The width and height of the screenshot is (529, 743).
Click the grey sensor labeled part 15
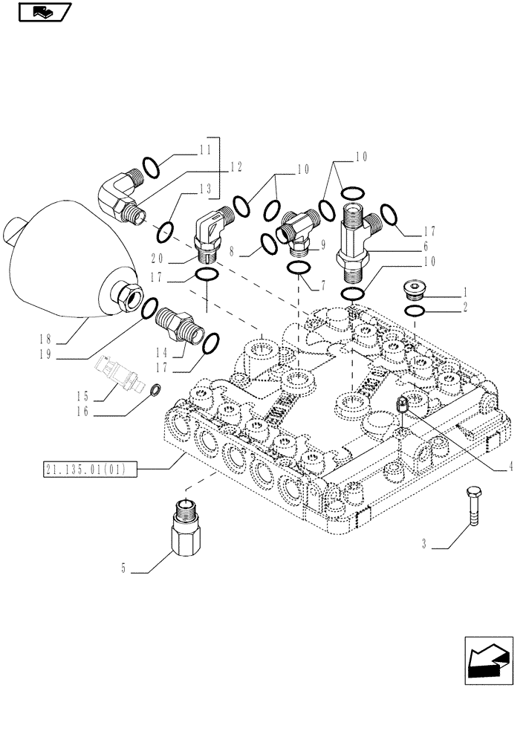tap(116, 373)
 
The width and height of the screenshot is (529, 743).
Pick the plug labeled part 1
tap(414, 289)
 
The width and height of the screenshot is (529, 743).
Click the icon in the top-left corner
tap(42, 12)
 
